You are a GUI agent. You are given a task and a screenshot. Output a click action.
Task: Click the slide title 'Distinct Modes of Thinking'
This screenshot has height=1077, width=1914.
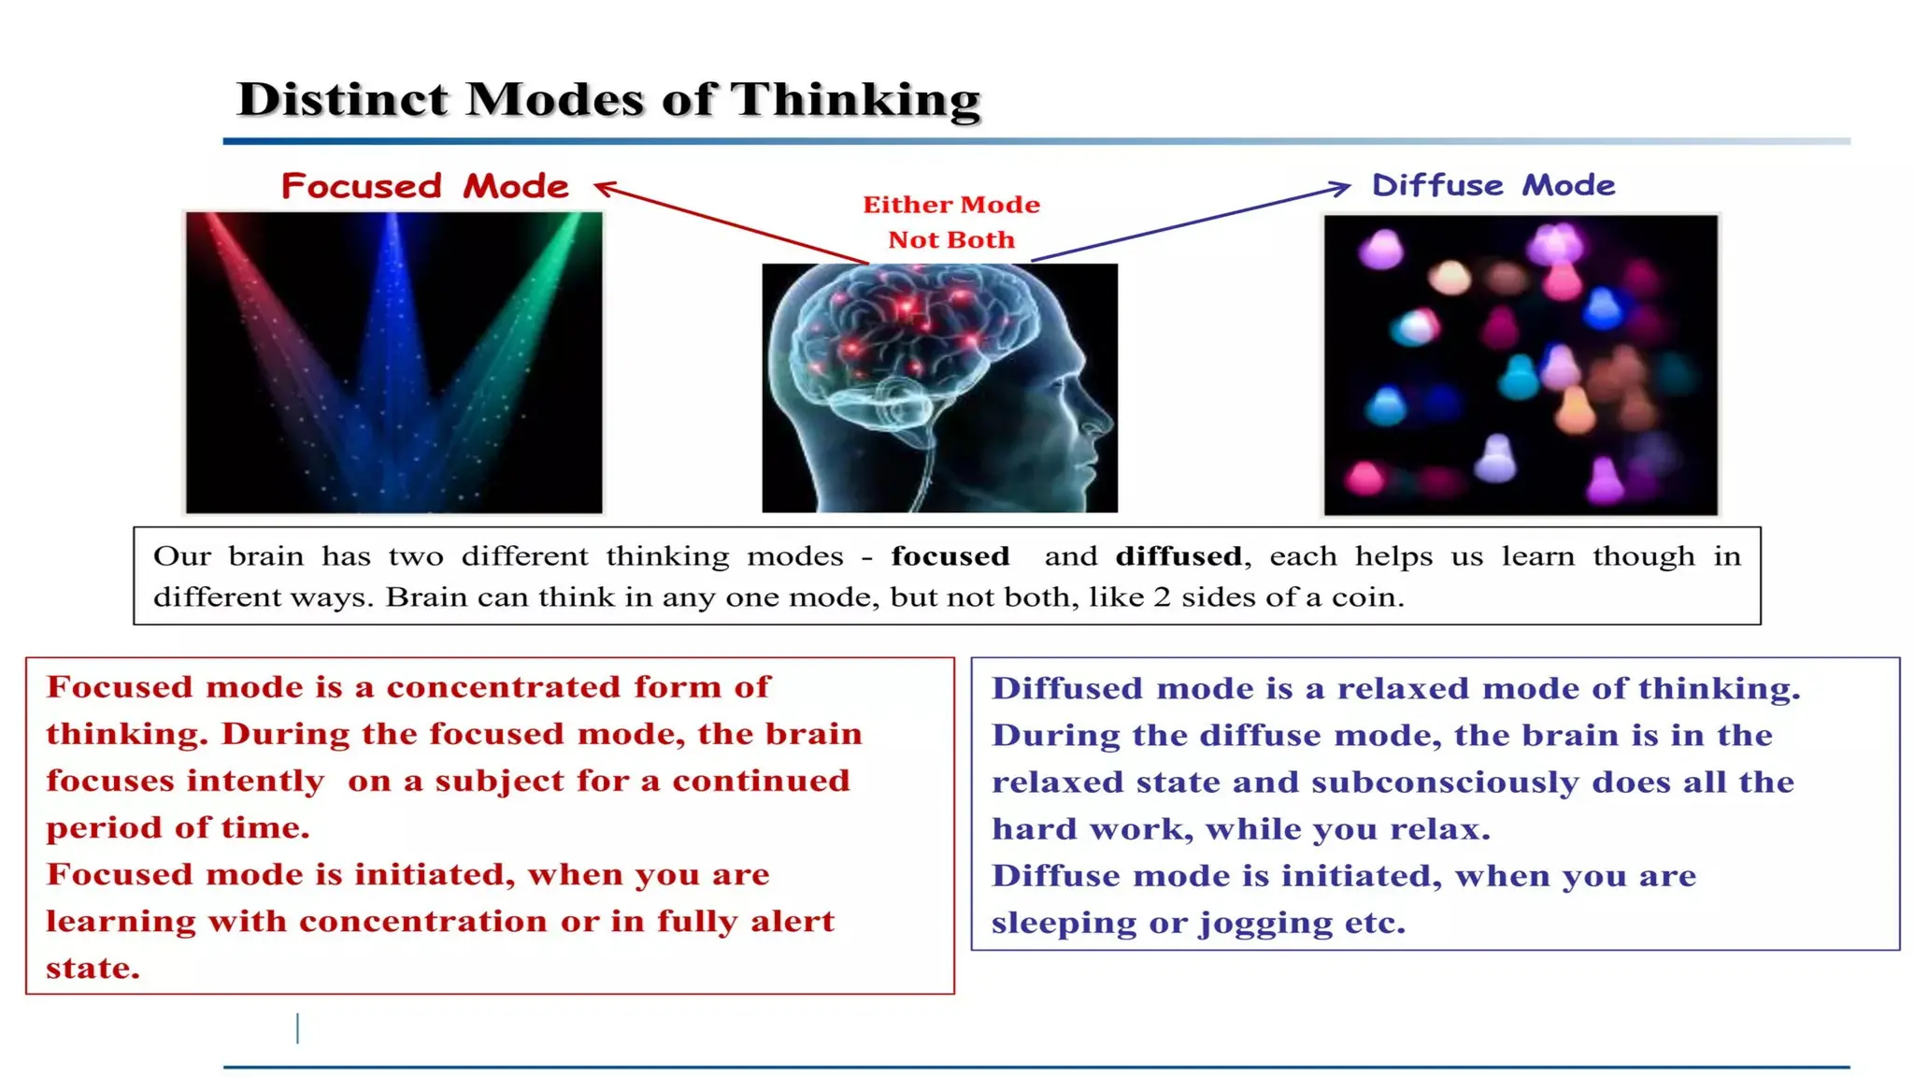point(608,99)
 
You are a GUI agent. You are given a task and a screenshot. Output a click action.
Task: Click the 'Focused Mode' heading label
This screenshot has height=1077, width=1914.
point(425,186)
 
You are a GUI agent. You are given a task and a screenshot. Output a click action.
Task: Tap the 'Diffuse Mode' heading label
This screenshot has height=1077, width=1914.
point(1493,185)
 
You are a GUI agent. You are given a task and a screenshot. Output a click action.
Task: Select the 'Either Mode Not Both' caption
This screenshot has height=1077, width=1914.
point(951,223)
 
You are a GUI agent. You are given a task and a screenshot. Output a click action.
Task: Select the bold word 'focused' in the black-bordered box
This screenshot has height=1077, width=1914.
point(950,556)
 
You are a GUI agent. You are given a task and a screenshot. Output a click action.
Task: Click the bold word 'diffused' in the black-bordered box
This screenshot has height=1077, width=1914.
point(1178,556)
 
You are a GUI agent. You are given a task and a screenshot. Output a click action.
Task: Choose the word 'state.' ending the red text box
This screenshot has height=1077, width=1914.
point(93,969)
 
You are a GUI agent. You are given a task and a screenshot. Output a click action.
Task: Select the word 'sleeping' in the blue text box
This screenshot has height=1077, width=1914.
point(1063,924)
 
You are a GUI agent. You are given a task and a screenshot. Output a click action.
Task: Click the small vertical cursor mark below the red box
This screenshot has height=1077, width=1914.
point(297,1028)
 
